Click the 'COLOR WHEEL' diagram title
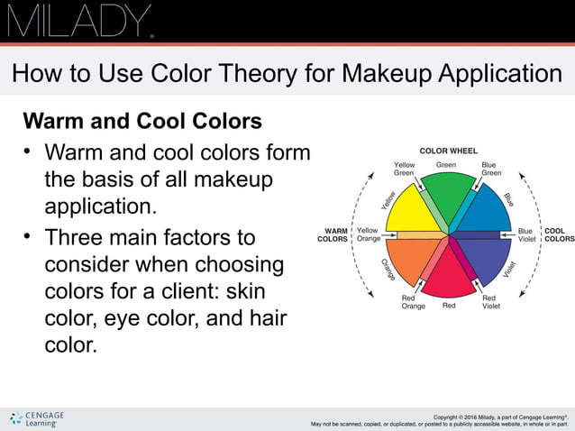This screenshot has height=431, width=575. click(448, 151)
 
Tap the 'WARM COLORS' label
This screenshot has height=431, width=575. click(333, 235)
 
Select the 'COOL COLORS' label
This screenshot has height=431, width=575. click(559, 235)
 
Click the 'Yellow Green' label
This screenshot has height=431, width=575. click(405, 169)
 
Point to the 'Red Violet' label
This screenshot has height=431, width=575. click(490, 302)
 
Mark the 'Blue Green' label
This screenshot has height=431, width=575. click(490, 169)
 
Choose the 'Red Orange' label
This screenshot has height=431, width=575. click(413, 302)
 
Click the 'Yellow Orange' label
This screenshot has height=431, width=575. click(368, 235)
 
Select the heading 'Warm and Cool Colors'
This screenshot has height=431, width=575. click(141, 120)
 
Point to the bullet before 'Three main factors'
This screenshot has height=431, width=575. click(29, 237)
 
